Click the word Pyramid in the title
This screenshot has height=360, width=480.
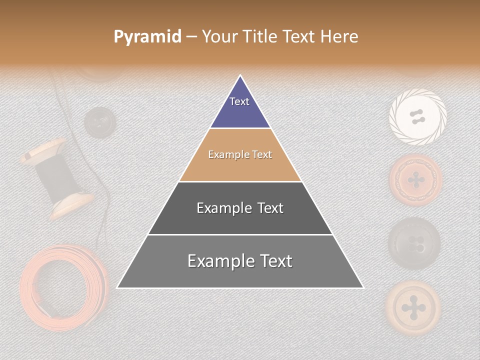(147, 37)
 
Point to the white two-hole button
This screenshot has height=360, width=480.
(417, 117)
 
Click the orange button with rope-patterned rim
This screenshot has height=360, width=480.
(415, 180)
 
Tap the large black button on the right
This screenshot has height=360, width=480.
(414, 243)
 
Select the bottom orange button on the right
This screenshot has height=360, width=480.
(413, 306)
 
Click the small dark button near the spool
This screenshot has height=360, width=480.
(99, 122)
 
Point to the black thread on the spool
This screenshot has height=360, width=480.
(56, 177)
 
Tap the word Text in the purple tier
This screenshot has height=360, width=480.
(239, 101)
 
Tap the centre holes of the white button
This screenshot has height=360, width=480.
(417, 117)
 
